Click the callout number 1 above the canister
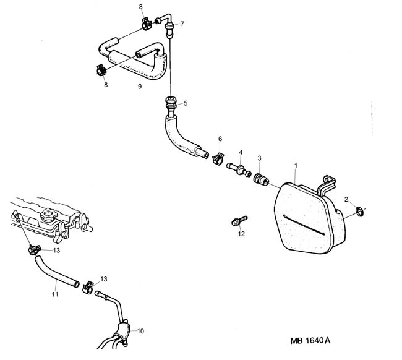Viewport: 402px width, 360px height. [x=296, y=166]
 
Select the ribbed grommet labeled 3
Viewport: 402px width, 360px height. [x=261, y=179]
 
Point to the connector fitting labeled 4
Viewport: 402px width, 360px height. [x=239, y=169]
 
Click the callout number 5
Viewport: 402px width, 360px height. [x=186, y=103]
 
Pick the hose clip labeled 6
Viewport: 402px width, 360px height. [x=218, y=158]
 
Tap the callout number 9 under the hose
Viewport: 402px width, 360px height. [x=140, y=87]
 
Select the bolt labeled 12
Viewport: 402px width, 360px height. [x=239, y=221]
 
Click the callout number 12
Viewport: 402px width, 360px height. [x=241, y=234]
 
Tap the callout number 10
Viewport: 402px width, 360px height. [x=140, y=331]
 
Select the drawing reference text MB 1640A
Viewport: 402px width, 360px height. [x=310, y=340]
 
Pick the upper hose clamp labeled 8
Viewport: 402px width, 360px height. [x=147, y=24]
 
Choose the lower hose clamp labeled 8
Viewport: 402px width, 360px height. [x=101, y=70]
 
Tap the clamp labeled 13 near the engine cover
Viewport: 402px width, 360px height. [x=35, y=250]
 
